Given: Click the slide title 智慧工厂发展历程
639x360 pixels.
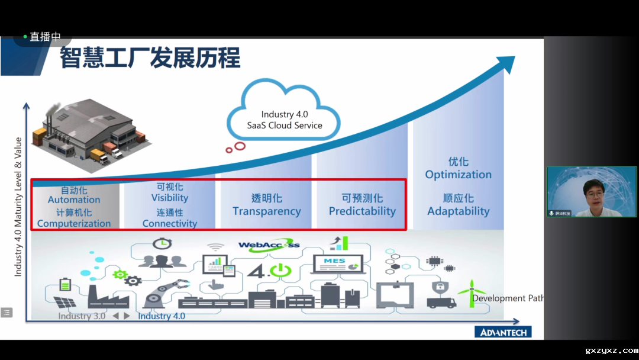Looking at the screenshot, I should coord(150,59).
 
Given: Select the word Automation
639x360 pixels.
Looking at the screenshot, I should coord(74,200).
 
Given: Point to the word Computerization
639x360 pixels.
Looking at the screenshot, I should coord(74,224).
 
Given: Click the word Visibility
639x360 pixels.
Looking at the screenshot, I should coord(170,198).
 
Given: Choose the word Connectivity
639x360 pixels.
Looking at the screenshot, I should coord(170,224).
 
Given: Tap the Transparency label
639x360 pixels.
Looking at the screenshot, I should coord(267,211).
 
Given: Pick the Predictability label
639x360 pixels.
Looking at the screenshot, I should coord(362,211).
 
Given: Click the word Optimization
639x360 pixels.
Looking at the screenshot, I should coord(459,175).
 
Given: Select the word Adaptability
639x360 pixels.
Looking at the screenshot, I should coord(459,211).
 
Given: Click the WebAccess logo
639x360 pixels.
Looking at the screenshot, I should coord(269,245).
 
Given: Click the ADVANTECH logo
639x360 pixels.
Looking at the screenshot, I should coord(503,332).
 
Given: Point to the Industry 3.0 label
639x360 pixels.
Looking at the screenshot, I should coord(82,316).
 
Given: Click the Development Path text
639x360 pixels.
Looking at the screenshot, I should coord(508,298).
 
